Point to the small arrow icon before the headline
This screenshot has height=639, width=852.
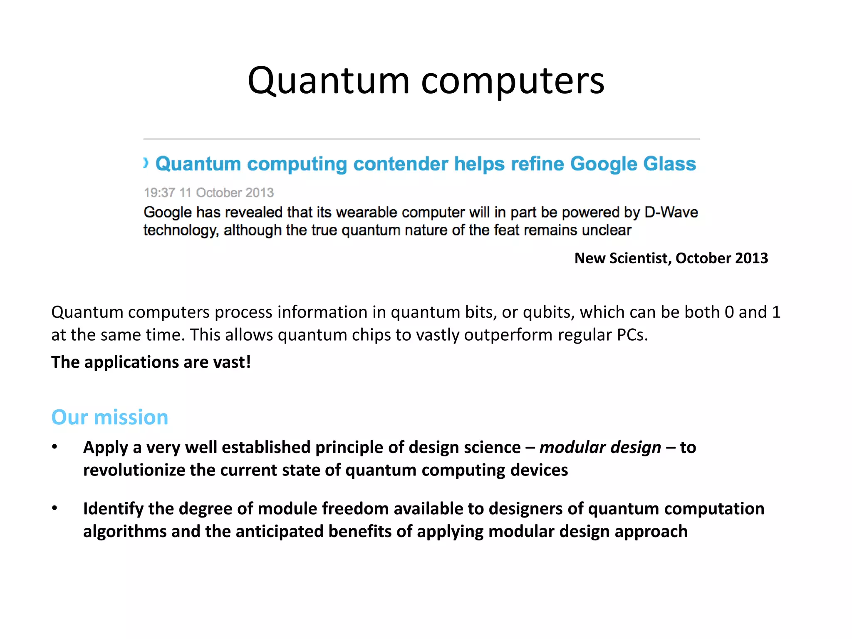pyautogui.click(x=146, y=163)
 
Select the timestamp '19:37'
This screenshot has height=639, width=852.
pyautogui.click(x=159, y=193)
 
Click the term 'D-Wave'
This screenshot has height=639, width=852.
pyautogui.click(x=671, y=212)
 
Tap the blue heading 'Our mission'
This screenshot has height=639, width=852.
pyautogui.click(x=110, y=417)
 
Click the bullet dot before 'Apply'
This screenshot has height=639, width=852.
pyautogui.click(x=54, y=447)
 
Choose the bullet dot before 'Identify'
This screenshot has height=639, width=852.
pyautogui.click(x=54, y=508)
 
